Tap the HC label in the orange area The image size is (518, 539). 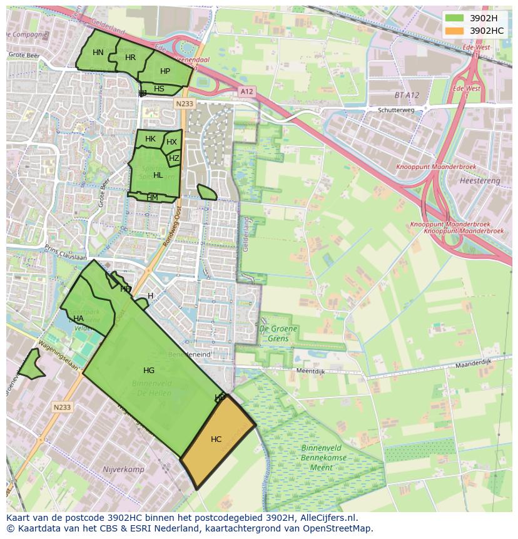click(x=216, y=439)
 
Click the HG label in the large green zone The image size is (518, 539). click(x=149, y=371)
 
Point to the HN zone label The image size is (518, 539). click(x=98, y=53)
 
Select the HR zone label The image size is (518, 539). click(x=130, y=58)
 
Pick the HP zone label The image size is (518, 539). click(x=165, y=71)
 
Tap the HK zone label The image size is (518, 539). click(x=150, y=139)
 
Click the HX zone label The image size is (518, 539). click(x=171, y=142)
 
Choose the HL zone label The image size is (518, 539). click(x=158, y=175)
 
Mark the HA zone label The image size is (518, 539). click(x=78, y=319)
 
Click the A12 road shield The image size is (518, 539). click(x=246, y=91)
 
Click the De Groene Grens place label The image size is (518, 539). click(x=278, y=333)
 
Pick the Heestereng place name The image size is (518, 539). click(x=480, y=180)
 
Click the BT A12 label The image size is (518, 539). click(x=407, y=95)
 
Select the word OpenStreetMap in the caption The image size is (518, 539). click(x=340, y=528)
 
